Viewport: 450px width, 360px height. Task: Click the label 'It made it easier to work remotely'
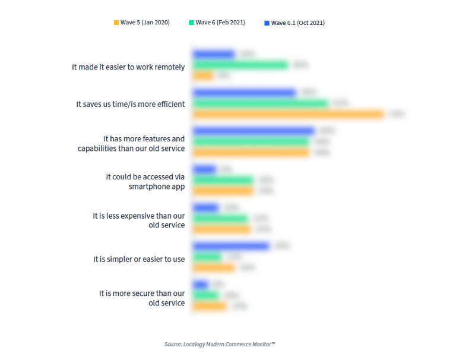coord(128,67)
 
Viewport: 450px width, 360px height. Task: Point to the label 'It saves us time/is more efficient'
coord(131,104)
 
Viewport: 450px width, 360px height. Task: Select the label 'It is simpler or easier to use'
coord(139,259)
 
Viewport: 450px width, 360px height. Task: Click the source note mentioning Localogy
coord(220,344)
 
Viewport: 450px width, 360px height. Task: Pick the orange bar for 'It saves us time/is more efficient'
coord(289,115)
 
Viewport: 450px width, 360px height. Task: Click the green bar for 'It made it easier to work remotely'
coord(240,65)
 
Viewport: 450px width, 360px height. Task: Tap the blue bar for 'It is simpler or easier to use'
coord(231,246)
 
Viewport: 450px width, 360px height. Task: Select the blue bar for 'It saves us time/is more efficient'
coord(244,93)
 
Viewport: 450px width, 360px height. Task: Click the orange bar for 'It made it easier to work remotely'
coord(203,76)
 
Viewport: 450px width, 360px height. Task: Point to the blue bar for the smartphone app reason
coord(205,169)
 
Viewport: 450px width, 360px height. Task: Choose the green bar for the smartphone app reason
coord(223,180)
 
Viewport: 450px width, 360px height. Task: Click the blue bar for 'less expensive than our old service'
coord(206,207)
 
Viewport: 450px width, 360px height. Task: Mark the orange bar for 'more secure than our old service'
coord(210,306)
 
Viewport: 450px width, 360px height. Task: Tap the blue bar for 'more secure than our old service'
coord(201,284)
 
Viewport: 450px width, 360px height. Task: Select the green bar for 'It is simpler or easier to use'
coord(207,257)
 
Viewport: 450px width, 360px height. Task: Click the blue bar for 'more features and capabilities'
coord(253,131)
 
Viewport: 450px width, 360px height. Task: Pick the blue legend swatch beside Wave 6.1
coord(267,23)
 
